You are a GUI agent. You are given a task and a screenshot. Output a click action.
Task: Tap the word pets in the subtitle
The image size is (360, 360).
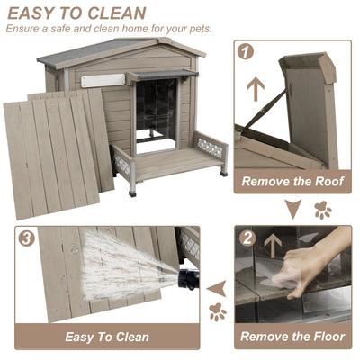click(200, 28)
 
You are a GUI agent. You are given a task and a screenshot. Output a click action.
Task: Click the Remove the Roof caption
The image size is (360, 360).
click(292, 181)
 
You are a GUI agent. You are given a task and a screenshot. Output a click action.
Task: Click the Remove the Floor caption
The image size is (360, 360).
click(292, 337)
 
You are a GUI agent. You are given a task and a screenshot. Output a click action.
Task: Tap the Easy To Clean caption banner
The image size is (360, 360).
click(107, 337)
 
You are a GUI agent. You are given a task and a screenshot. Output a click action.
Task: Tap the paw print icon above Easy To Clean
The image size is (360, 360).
click(217, 312)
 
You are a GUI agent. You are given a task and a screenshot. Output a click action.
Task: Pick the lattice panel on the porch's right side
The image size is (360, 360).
click(209, 142)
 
